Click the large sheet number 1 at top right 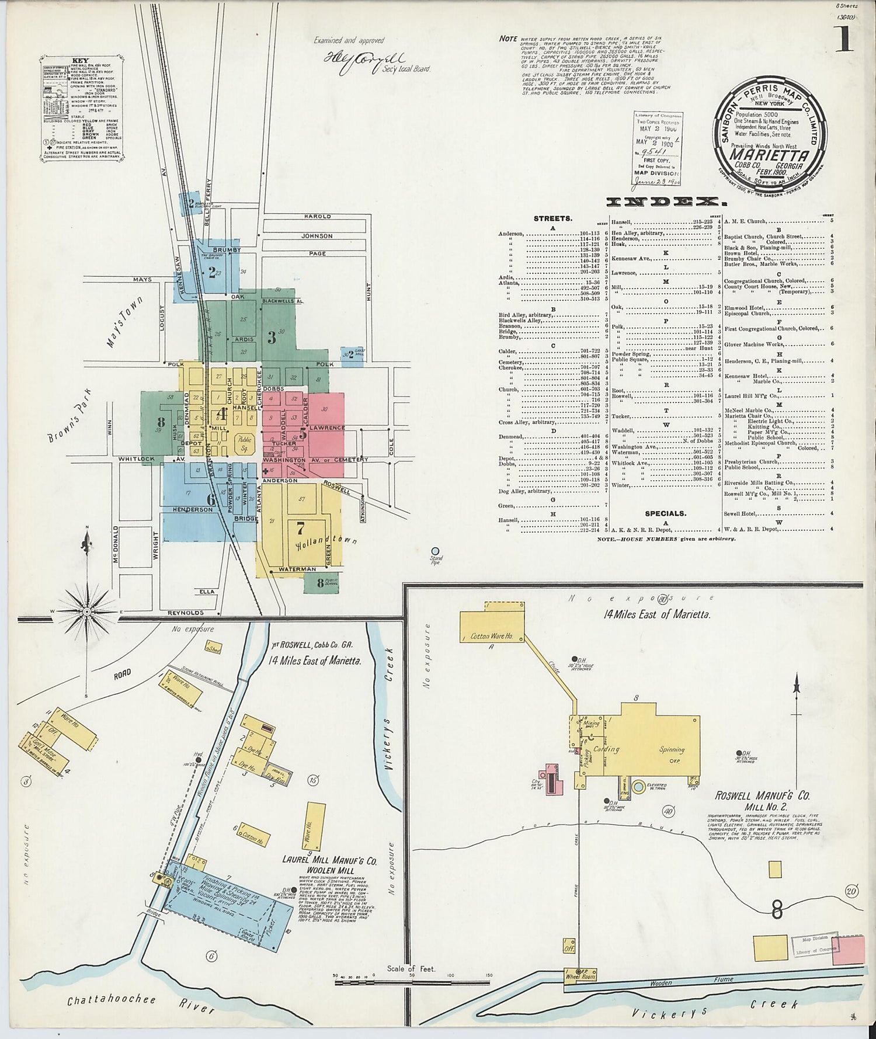click(x=844, y=40)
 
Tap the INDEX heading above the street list click(x=666, y=202)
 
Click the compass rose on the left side click(x=87, y=611)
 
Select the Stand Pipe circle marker click(x=435, y=551)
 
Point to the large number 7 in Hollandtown click(x=300, y=529)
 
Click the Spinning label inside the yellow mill click(x=672, y=749)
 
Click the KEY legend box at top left click(x=81, y=108)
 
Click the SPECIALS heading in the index click(x=665, y=513)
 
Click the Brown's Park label click(x=69, y=416)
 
